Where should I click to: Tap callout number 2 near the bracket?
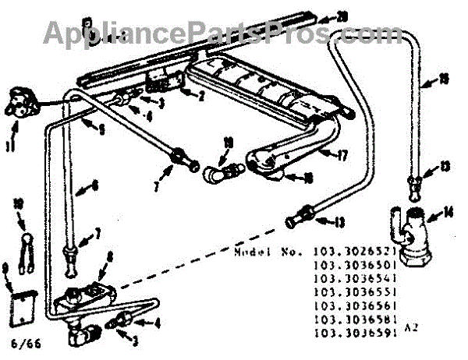(200, 97)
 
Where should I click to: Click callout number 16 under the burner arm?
(308, 178)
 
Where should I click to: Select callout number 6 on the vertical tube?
(94, 185)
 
